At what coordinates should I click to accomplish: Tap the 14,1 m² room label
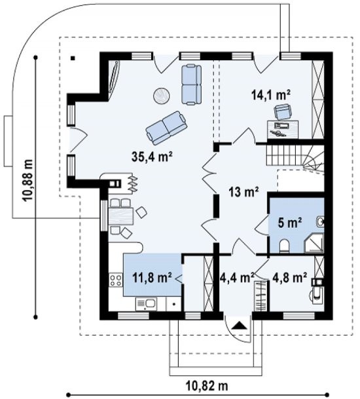coord(271,95)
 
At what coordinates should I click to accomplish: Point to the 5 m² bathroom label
coord(290,223)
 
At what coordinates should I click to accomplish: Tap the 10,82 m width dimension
coord(207,386)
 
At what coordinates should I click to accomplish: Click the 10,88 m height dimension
coord(27,180)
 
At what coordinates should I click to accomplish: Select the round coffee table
coord(162,96)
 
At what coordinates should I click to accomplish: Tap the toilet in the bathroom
coord(284,246)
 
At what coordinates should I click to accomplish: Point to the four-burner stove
coord(115,280)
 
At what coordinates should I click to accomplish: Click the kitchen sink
coord(146,305)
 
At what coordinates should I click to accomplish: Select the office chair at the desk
coord(282,111)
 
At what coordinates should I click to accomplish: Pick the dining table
coord(121,216)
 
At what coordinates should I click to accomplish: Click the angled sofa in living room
coord(166,126)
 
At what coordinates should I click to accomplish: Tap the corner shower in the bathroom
coord(314,243)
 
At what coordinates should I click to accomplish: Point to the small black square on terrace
coord(73,58)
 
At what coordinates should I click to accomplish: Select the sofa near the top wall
coord(192,85)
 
